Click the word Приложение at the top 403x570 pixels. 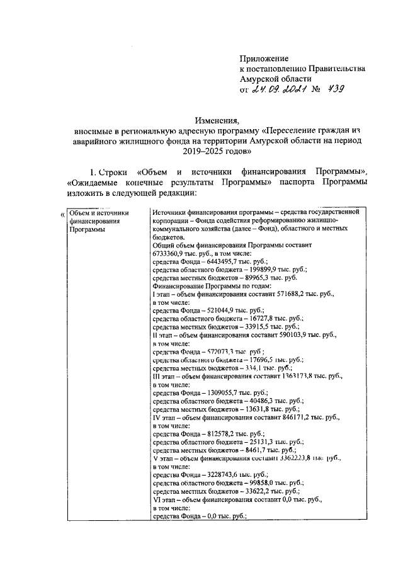pos(264,58)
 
